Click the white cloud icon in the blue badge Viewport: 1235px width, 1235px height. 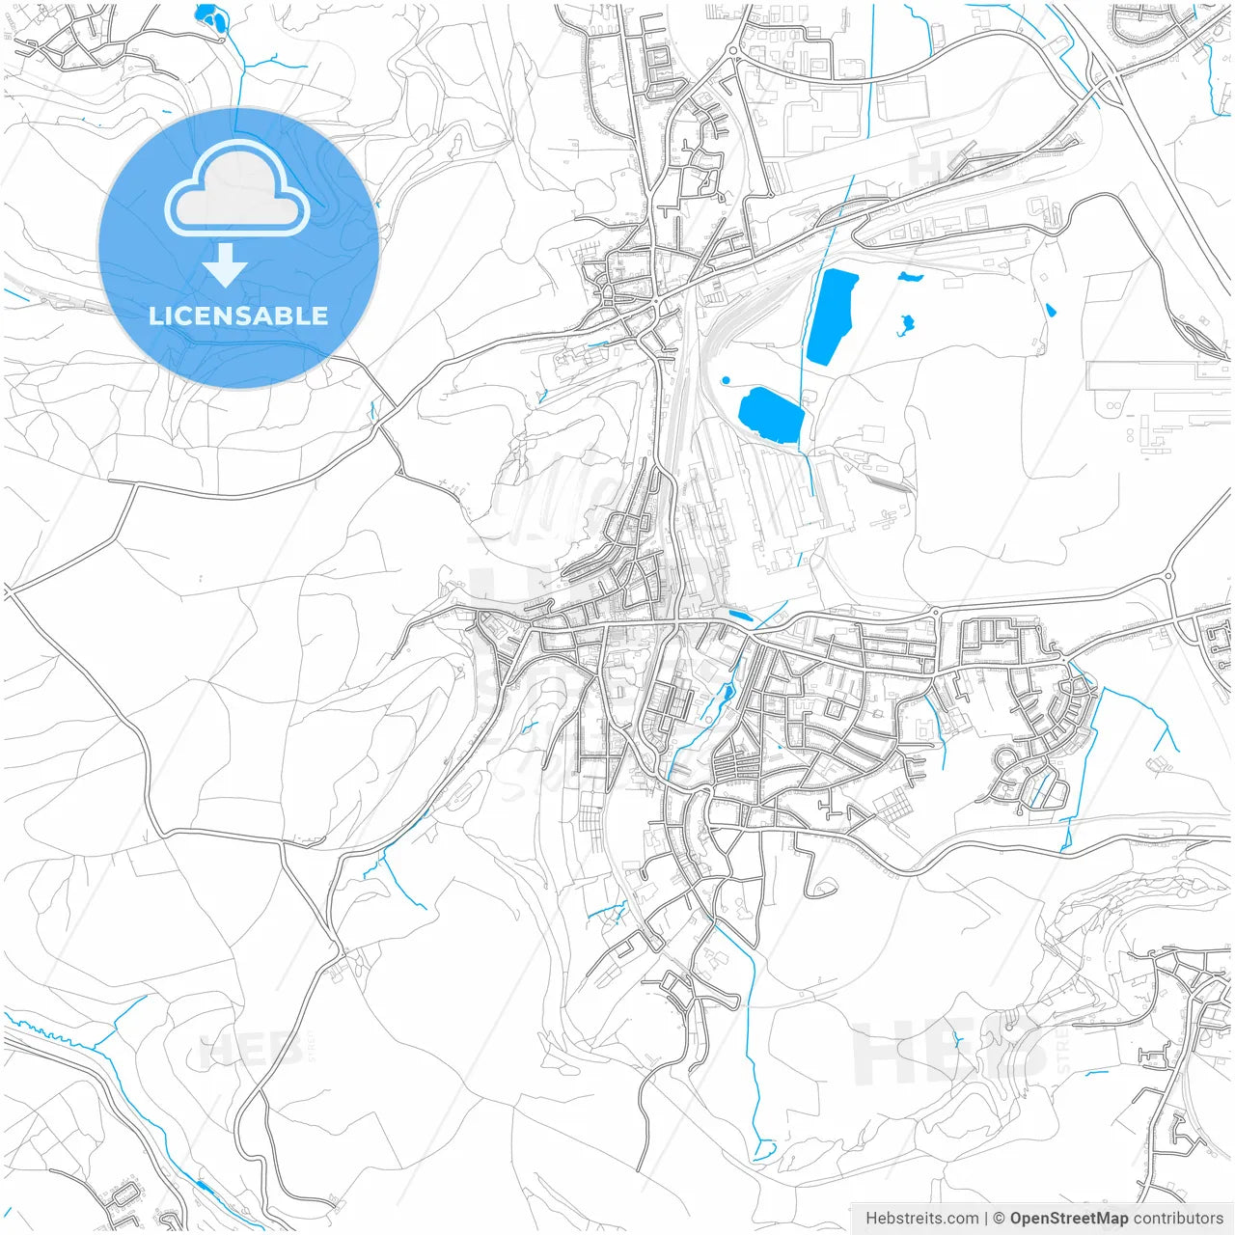click(x=237, y=190)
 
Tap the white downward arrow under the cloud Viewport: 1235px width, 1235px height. click(x=225, y=265)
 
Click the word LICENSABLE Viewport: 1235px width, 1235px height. click(x=238, y=316)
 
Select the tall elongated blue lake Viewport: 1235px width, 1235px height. click(x=832, y=316)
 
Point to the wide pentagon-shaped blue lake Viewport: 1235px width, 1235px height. click(x=771, y=415)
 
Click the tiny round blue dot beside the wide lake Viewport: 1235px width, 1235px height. click(x=727, y=380)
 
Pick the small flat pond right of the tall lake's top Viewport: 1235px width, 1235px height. click(x=910, y=277)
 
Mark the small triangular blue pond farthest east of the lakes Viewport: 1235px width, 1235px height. click(x=1050, y=310)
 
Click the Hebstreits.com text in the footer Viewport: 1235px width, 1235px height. click(x=922, y=1219)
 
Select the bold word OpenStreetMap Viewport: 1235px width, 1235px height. click(x=1068, y=1219)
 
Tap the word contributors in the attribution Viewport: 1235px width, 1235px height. click(x=1178, y=1219)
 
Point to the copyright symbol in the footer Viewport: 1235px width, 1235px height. click(x=1000, y=1219)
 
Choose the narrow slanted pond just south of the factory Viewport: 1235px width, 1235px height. click(x=740, y=615)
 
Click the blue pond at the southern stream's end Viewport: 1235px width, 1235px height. click(x=764, y=1150)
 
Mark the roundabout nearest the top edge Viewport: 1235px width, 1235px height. click(x=733, y=50)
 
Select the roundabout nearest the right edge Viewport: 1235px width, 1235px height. click(x=1168, y=576)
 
